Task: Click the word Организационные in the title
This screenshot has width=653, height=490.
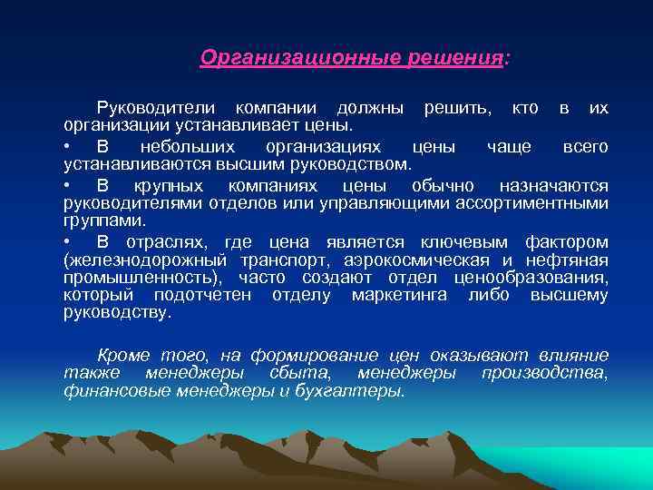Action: click(x=288, y=58)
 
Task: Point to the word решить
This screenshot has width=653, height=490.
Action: click(x=453, y=108)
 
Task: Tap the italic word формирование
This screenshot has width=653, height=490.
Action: click(x=311, y=355)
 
